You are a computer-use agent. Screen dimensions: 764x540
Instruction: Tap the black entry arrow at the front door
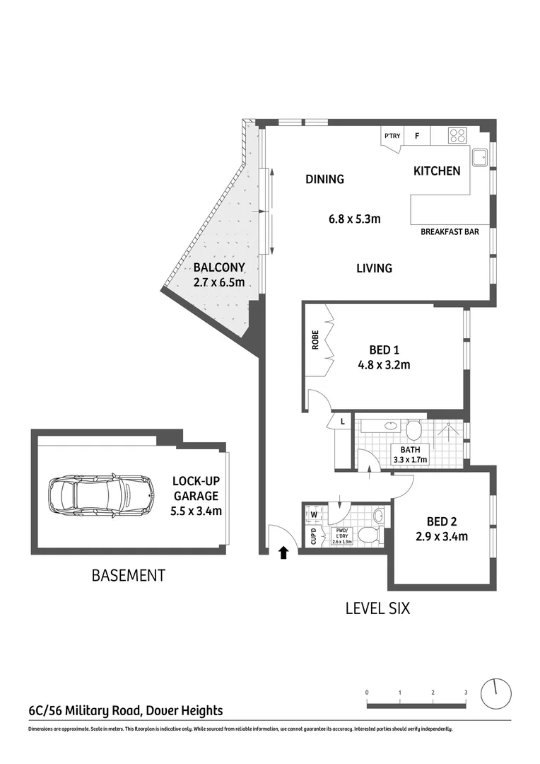pyautogui.click(x=284, y=552)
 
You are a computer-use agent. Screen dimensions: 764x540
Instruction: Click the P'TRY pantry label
pyautogui.click(x=392, y=136)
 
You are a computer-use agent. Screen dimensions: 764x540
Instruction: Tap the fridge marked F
pyautogui.click(x=417, y=136)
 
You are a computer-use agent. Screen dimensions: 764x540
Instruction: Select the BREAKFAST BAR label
pyautogui.click(x=450, y=231)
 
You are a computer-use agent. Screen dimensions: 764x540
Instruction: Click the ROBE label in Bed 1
pyautogui.click(x=315, y=340)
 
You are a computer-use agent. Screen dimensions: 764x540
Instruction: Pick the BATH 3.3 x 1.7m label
pyautogui.click(x=411, y=453)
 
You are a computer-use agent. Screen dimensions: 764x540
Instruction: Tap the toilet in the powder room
pyautogui.click(x=368, y=535)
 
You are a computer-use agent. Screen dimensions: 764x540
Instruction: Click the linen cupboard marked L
pyautogui.click(x=343, y=422)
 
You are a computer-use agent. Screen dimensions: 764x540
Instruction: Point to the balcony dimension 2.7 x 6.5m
pyautogui.click(x=219, y=282)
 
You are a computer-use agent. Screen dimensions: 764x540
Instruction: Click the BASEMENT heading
pyautogui.click(x=128, y=576)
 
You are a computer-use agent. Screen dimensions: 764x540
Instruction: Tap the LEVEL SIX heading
pyautogui.click(x=377, y=608)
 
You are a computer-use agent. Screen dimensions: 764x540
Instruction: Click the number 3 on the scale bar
pyautogui.click(x=465, y=692)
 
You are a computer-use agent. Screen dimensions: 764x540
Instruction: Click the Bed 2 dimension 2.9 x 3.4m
pyautogui.click(x=442, y=536)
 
